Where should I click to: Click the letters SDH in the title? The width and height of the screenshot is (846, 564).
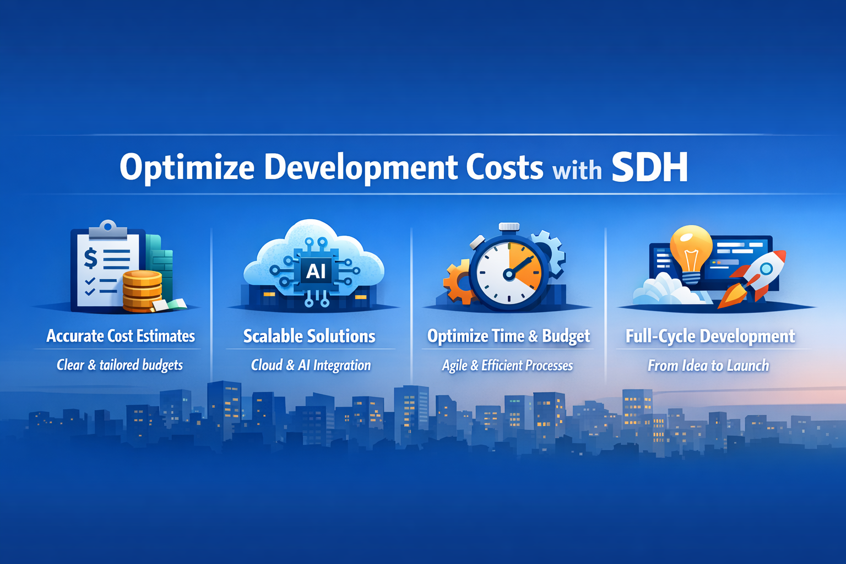tap(649, 167)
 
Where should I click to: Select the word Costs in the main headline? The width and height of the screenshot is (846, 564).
tap(504, 167)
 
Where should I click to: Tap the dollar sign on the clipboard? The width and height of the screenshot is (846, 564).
tap(91, 258)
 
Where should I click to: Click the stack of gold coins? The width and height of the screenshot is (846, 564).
tap(143, 291)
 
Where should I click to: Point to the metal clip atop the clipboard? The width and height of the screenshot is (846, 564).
tap(107, 229)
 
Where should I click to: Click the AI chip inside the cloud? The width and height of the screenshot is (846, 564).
tap(316, 271)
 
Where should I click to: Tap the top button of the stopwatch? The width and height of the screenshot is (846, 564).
tap(509, 227)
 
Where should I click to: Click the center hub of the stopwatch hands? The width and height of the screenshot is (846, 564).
tap(509, 274)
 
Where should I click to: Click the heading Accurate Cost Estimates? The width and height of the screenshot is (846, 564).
tap(121, 336)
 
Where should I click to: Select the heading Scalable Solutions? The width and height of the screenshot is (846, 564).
tap(310, 336)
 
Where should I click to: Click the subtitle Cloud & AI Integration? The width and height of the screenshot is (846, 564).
tap(311, 365)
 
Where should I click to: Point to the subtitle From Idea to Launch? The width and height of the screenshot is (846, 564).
tap(708, 365)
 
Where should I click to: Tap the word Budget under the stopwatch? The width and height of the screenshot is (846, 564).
tap(566, 336)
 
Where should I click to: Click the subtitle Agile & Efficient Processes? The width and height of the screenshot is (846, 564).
tap(507, 365)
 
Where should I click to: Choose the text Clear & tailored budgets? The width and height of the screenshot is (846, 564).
tap(120, 365)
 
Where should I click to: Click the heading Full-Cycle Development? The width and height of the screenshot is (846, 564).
tap(710, 336)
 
